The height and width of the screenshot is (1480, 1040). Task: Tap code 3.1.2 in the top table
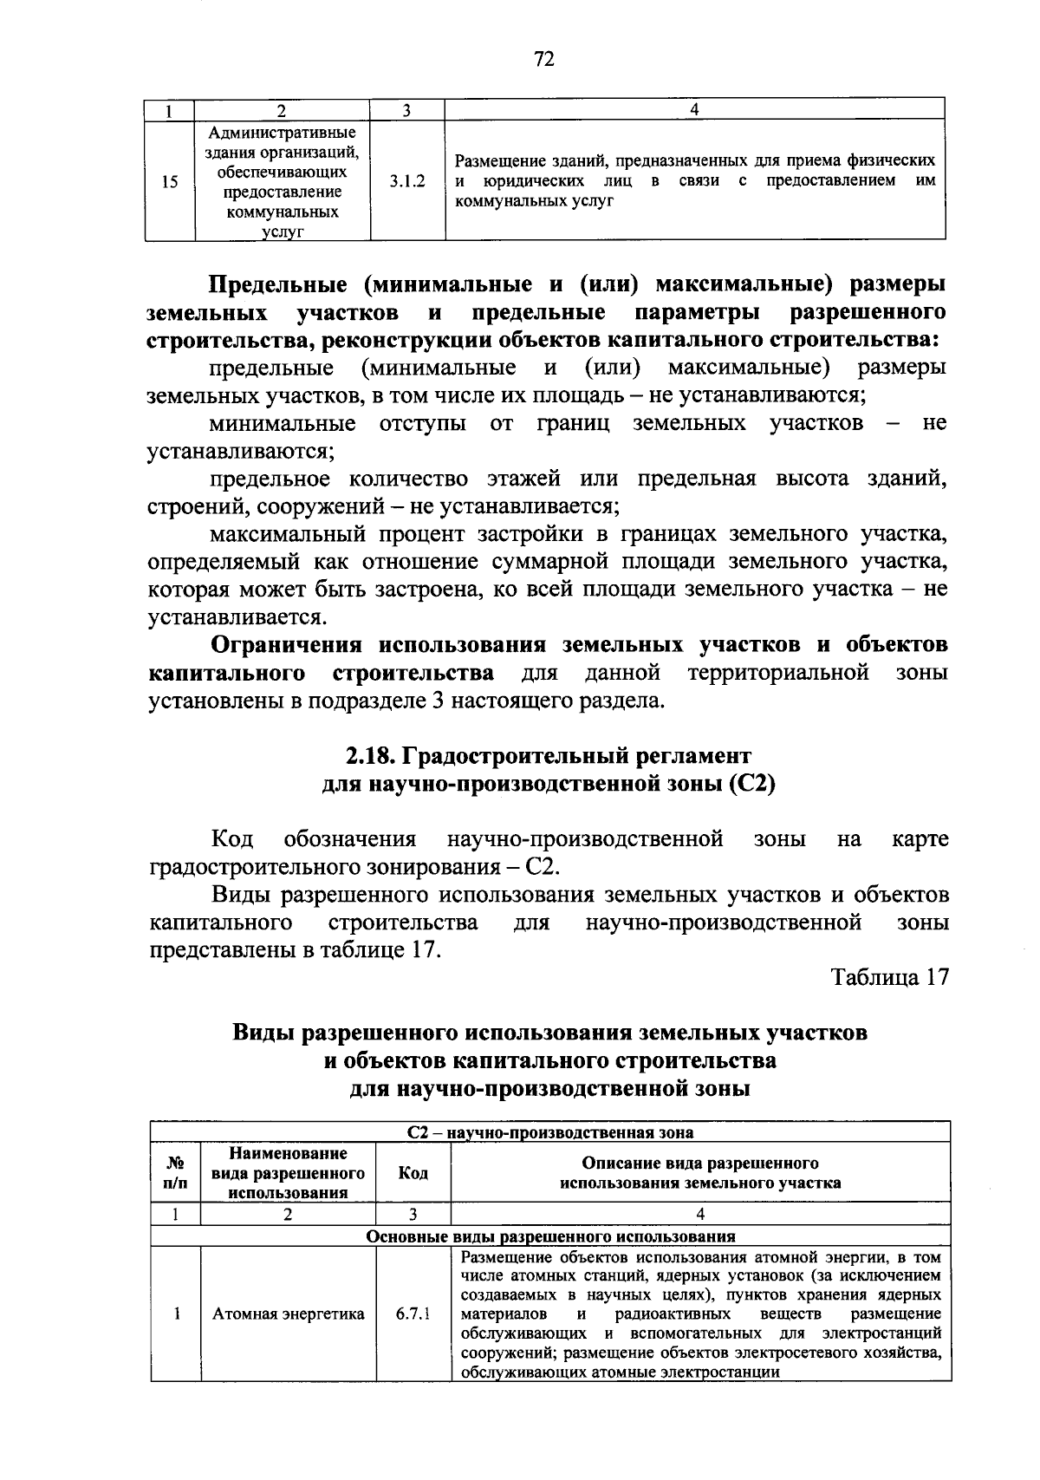pos(407,182)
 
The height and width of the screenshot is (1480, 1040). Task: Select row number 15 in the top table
pos(170,182)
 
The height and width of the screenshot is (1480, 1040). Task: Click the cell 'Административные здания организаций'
pos(282,182)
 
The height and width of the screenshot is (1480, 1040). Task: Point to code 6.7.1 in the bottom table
pos(413,1314)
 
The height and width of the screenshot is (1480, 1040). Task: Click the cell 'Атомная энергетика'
pos(289,1314)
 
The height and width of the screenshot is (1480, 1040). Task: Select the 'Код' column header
pos(413,1173)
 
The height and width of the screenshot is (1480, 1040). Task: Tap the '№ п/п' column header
pos(175,1173)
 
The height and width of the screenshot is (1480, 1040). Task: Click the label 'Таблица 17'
pos(890,977)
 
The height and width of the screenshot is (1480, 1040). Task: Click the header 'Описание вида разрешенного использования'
pos(700,1173)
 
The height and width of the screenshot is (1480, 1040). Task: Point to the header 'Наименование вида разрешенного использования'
pos(289,1173)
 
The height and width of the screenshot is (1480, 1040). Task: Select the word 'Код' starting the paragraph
pos(231,839)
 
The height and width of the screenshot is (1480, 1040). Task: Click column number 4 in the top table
pos(694,109)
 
